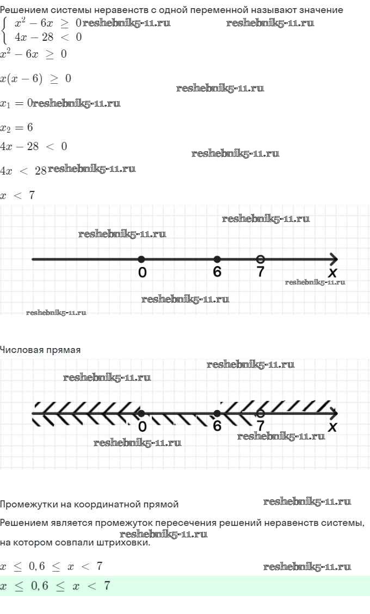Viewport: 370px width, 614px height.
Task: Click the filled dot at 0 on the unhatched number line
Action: (141, 259)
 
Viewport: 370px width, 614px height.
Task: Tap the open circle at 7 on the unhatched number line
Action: (260, 258)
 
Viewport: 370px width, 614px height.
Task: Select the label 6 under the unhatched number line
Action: (217, 271)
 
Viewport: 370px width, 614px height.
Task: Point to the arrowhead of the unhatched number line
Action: (333, 259)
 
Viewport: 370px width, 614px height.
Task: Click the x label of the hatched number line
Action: (333, 427)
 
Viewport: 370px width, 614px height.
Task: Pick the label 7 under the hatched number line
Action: (260, 426)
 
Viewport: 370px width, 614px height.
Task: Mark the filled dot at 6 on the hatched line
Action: (217, 413)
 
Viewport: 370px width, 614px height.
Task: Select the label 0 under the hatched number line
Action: (142, 426)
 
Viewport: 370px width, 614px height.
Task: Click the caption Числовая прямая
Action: (40, 350)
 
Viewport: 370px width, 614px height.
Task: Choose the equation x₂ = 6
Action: (17, 127)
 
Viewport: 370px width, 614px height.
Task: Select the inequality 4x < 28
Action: (23, 171)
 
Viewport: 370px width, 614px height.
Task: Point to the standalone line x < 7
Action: (17, 195)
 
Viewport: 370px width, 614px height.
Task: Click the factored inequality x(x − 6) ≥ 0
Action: (35, 78)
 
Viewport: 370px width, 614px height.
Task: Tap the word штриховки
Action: (125, 543)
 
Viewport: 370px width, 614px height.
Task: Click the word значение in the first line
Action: (322, 10)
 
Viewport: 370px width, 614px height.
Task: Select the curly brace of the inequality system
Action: (5, 30)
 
